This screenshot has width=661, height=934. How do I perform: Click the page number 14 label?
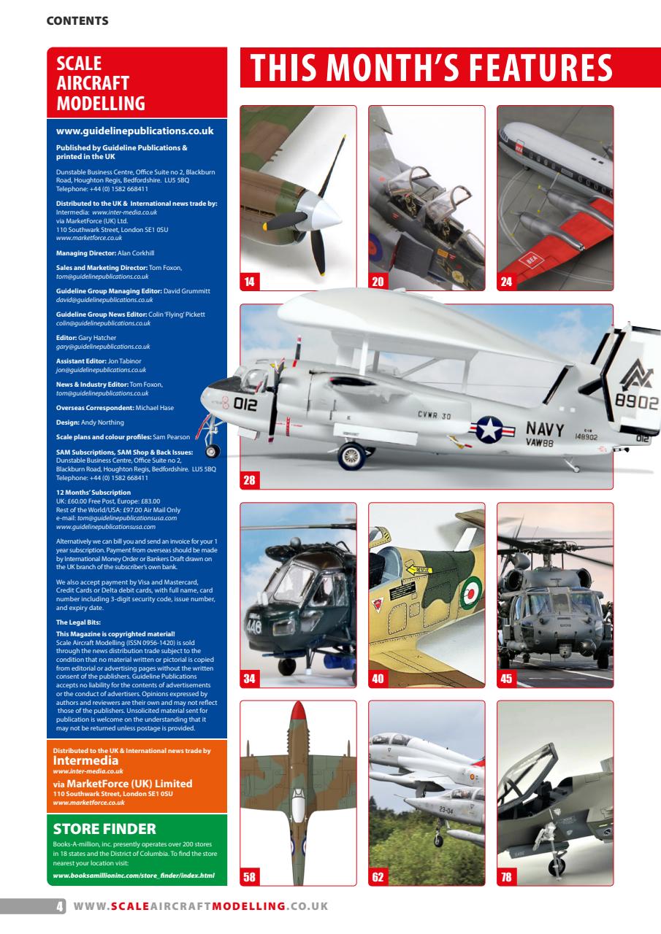tap(251, 282)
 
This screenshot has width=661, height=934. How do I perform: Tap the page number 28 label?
tap(250, 480)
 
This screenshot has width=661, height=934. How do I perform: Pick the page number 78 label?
tap(507, 876)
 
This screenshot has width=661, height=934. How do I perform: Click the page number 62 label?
tap(378, 876)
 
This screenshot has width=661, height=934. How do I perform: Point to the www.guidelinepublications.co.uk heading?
tap(134, 131)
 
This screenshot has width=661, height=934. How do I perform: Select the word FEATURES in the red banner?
tap(535, 67)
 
